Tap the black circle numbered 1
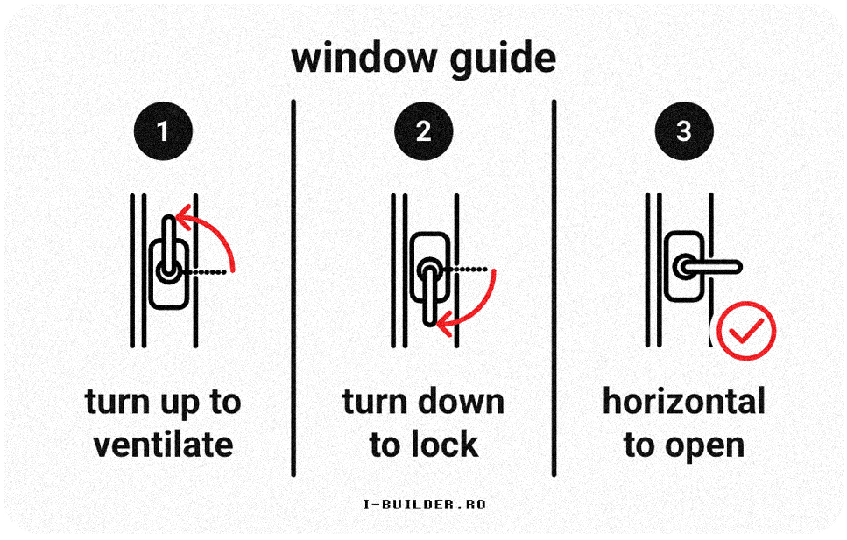click(162, 131)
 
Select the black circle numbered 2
click(423, 131)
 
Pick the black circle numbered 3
click(684, 131)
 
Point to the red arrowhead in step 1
click(182, 215)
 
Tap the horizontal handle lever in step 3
click(714, 266)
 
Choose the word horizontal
click(683, 402)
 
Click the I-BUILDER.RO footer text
click(423, 504)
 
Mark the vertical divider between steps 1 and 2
click(293, 289)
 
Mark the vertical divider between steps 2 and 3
click(554, 289)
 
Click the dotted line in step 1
click(210, 274)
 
